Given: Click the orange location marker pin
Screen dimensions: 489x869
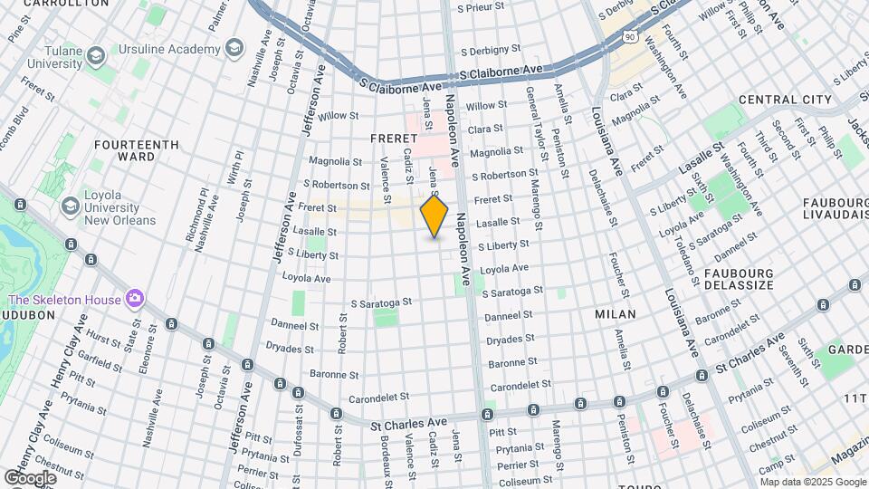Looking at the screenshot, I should (x=434, y=216).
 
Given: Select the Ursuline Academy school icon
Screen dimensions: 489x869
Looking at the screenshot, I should (x=234, y=47).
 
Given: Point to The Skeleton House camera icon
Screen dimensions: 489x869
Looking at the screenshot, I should (x=135, y=298).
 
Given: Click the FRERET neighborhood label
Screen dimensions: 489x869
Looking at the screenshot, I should (x=393, y=138).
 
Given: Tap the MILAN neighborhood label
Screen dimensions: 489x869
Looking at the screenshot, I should (x=615, y=313).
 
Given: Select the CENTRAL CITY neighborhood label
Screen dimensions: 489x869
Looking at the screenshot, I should (x=784, y=100).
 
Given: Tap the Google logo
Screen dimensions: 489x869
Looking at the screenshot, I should (x=30, y=477).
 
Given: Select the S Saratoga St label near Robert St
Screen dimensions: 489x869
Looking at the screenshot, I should (x=381, y=302).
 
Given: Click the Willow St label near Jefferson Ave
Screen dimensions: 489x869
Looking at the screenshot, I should (x=339, y=116).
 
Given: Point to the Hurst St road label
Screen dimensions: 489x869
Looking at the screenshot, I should (x=104, y=342).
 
